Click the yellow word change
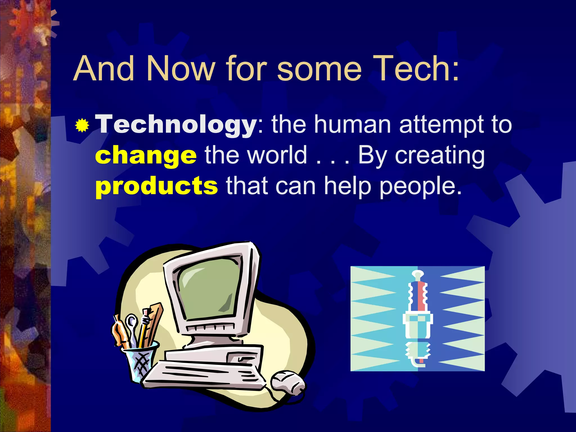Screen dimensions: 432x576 (146, 156)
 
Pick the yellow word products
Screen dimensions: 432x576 (156, 186)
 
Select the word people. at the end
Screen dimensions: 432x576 (420, 186)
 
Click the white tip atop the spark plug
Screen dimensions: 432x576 (418, 274)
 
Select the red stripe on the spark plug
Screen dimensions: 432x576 (421, 295)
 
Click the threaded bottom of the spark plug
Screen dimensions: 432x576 (417, 352)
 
